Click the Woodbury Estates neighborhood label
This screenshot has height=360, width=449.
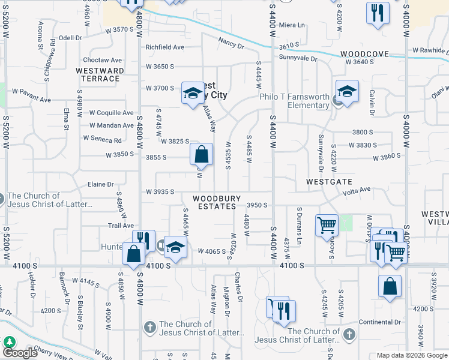(x=217, y=202)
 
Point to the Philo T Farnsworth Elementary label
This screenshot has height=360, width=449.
(x=294, y=101)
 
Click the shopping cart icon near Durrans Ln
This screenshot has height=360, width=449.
(x=327, y=226)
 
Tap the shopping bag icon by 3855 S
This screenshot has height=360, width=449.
(x=202, y=154)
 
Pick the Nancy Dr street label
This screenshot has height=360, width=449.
(x=231, y=43)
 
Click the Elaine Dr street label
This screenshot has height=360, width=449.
(x=100, y=185)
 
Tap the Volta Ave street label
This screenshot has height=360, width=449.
(x=357, y=191)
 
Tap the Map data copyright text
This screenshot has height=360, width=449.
(x=411, y=355)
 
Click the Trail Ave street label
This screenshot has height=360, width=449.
(x=121, y=226)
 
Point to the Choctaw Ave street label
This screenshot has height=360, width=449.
(x=102, y=60)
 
